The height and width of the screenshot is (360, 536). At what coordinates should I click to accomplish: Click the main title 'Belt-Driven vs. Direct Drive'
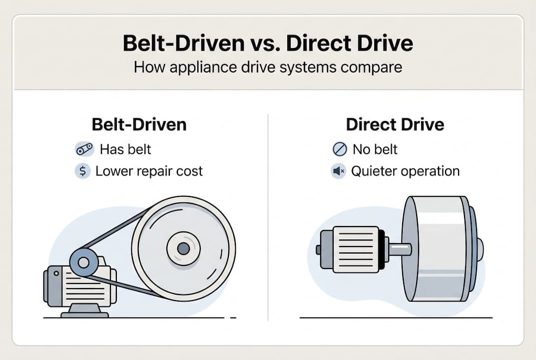(x=268, y=44)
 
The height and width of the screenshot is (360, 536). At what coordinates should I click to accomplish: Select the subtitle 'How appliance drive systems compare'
(x=268, y=67)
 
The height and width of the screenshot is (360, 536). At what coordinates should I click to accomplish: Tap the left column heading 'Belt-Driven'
(x=139, y=124)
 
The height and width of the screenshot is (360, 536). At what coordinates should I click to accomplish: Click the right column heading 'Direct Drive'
(x=395, y=124)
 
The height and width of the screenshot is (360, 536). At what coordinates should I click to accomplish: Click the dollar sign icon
(x=82, y=171)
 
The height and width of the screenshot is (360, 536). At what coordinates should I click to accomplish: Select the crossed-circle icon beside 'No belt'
(x=339, y=149)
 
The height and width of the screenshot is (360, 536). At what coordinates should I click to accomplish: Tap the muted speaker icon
(x=339, y=171)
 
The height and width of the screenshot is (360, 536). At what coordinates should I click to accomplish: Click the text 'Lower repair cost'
(x=149, y=171)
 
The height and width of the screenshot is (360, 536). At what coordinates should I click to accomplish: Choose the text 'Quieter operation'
(x=405, y=171)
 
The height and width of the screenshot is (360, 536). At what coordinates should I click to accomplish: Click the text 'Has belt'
(x=125, y=149)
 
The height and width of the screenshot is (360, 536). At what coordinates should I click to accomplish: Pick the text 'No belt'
(x=375, y=149)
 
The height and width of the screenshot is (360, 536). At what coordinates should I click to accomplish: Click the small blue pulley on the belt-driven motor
(x=83, y=262)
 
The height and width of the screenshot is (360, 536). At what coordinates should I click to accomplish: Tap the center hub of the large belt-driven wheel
(x=183, y=248)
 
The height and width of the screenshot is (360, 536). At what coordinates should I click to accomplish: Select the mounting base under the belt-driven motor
(x=84, y=311)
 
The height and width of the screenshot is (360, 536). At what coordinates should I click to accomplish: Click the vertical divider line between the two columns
(x=268, y=217)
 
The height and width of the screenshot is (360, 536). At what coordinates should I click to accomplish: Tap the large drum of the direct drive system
(x=437, y=248)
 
